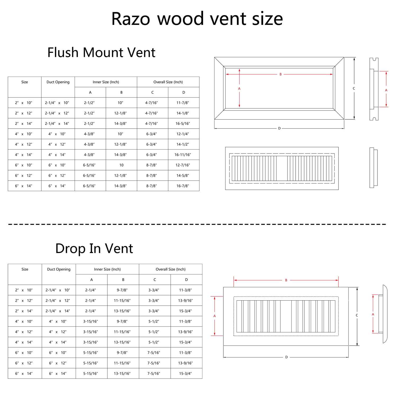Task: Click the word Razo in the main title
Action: (x=131, y=19)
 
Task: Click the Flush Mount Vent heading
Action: (x=101, y=52)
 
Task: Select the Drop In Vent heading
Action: (x=94, y=249)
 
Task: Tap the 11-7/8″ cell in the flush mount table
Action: (x=183, y=103)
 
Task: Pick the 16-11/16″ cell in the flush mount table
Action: (x=183, y=155)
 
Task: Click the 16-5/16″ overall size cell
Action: (x=183, y=124)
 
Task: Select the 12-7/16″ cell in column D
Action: (x=183, y=165)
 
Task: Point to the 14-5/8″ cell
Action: (x=183, y=175)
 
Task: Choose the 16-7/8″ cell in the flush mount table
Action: (x=183, y=186)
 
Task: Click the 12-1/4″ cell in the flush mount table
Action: (x=183, y=134)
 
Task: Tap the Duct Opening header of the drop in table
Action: (x=59, y=269)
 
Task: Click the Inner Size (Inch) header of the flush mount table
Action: (x=106, y=82)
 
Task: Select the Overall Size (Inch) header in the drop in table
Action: (x=170, y=269)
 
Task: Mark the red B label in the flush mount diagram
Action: (x=281, y=74)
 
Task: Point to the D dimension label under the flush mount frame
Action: (x=279, y=128)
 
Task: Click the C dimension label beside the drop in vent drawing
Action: (x=357, y=315)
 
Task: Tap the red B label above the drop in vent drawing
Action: (x=286, y=280)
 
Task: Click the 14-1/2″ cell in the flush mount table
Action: (x=183, y=144)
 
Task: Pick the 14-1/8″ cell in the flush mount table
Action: (x=183, y=113)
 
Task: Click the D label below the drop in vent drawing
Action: (x=286, y=357)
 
